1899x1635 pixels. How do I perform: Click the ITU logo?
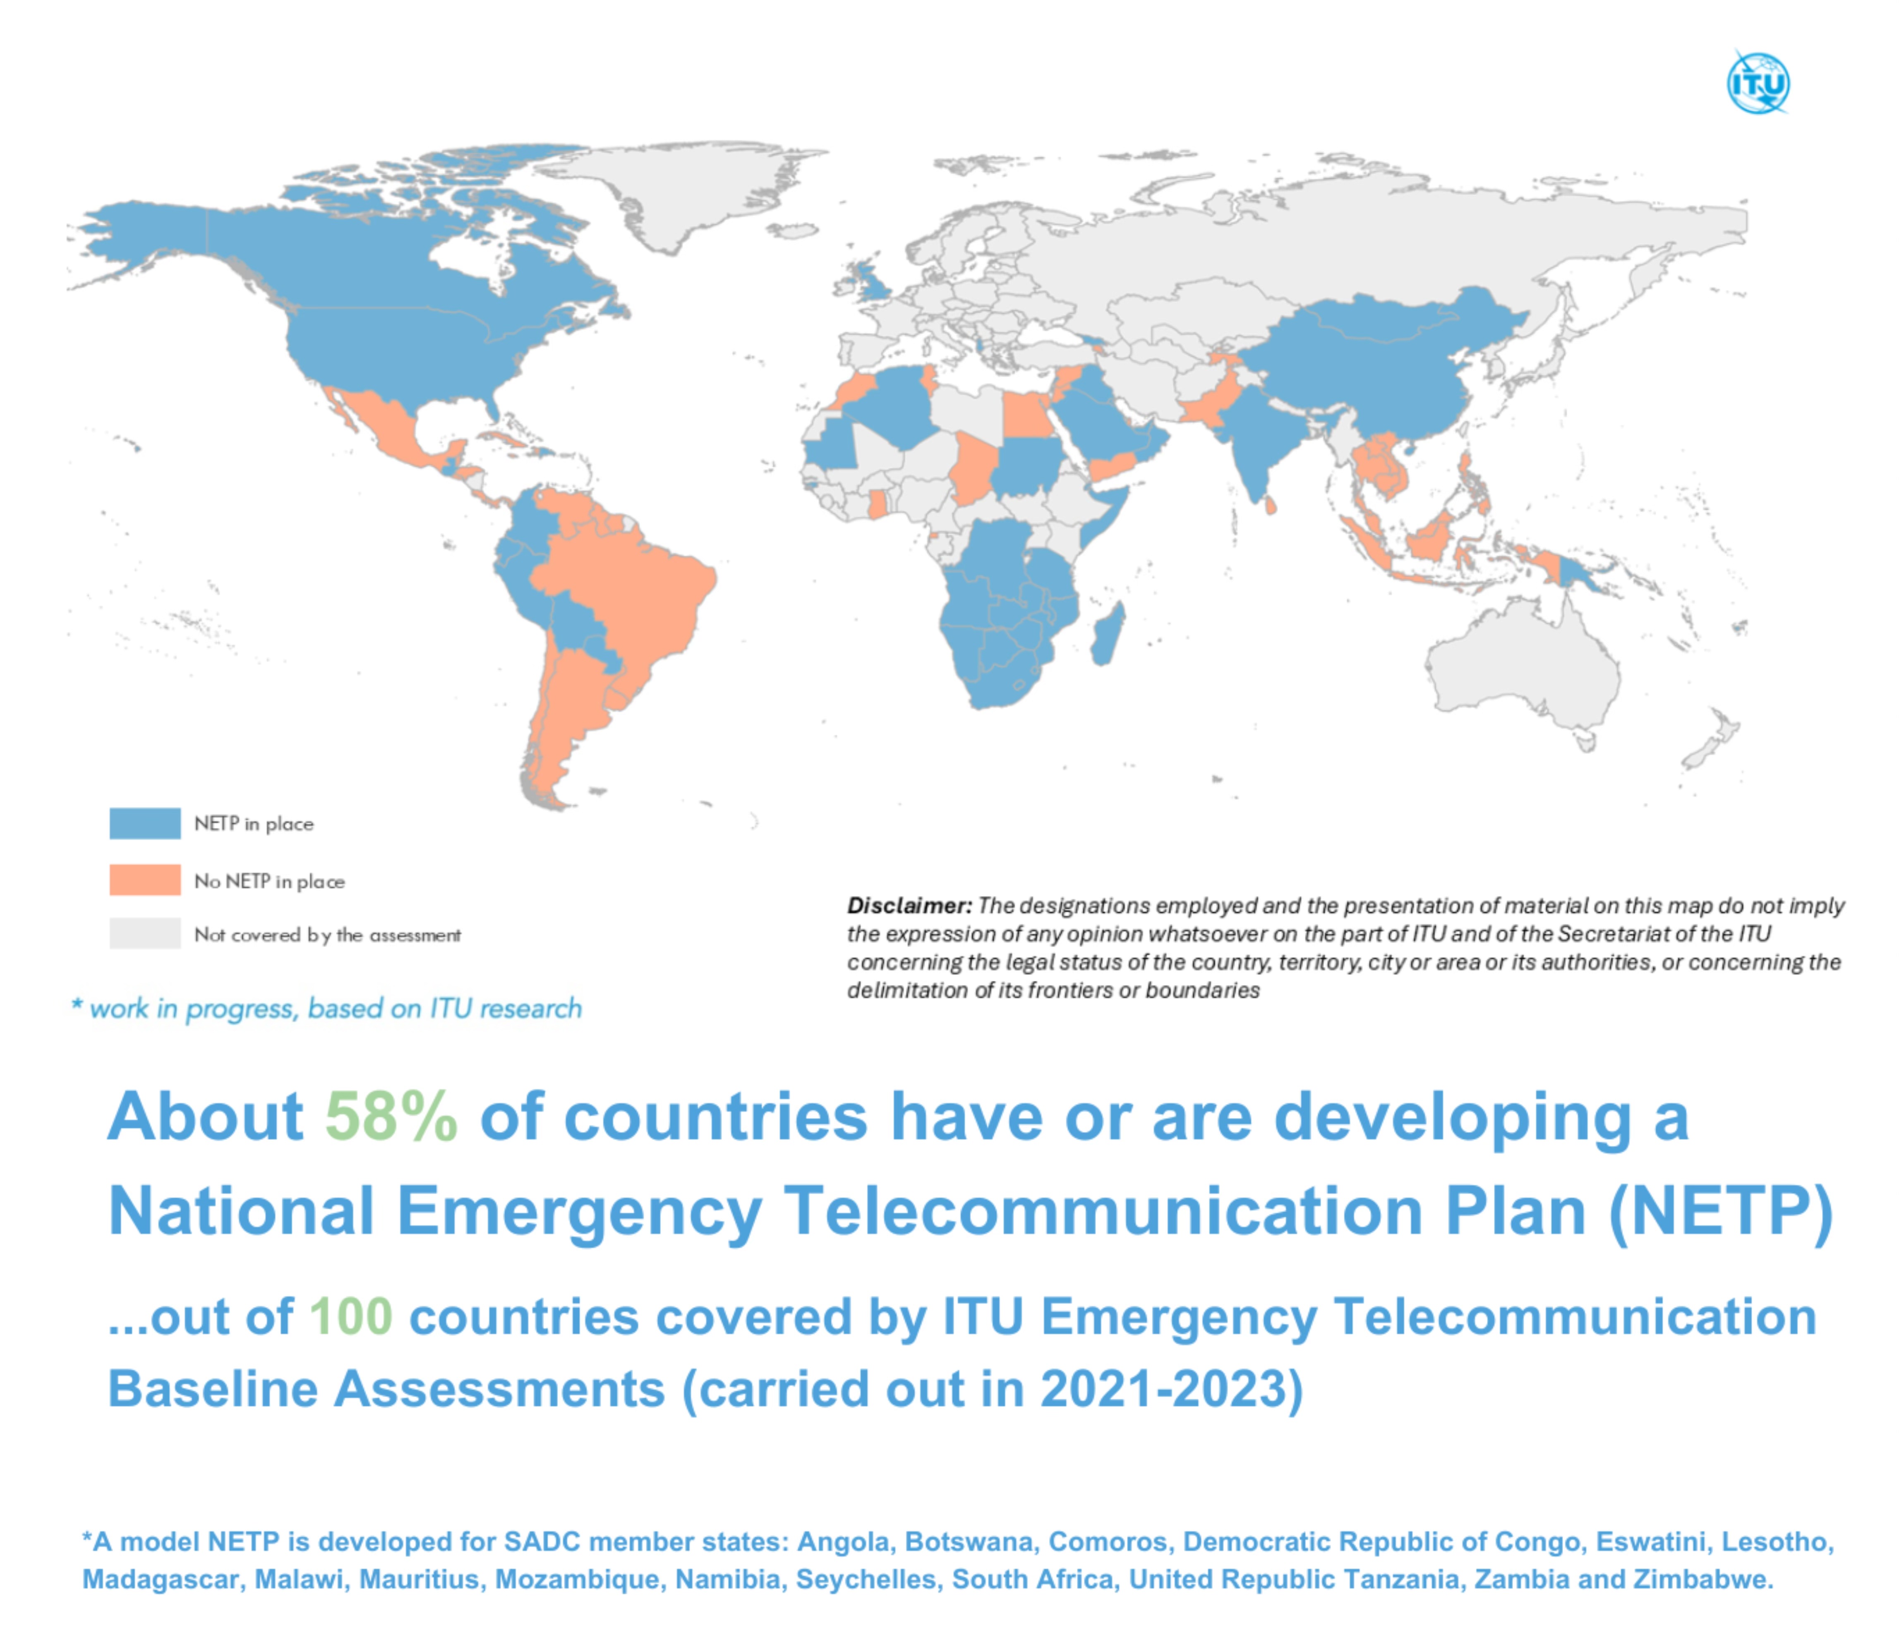click(x=1758, y=84)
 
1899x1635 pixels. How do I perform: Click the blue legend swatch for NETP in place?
click(x=145, y=823)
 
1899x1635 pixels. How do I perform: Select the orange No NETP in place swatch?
click(x=145, y=880)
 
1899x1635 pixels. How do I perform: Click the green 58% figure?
click(x=391, y=1117)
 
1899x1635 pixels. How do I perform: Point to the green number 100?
click(x=351, y=1317)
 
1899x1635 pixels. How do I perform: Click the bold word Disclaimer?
click(x=908, y=906)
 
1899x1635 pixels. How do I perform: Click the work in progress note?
click(x=327, y=1008)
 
